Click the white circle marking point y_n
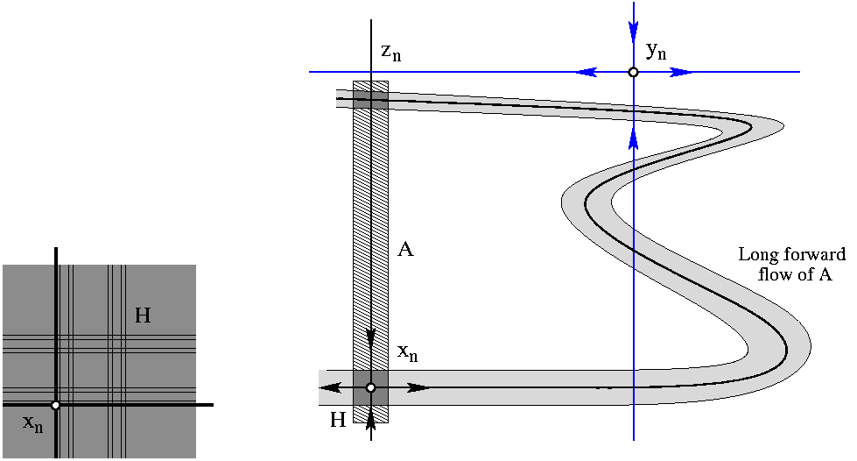click(633, 72)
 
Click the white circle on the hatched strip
click(371, 387)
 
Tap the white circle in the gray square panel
click(55, 405)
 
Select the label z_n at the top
click(390, 52)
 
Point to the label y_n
click(656, 51)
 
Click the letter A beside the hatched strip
click(405, 250)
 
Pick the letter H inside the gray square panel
click(143, 316)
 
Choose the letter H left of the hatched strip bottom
click(338, 421)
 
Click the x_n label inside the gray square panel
click(33, 424)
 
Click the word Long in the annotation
click(758, 255)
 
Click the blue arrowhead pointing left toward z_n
click(585, 72)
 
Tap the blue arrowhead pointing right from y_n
click(681, 72)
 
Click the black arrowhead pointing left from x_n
click(328, 387)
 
